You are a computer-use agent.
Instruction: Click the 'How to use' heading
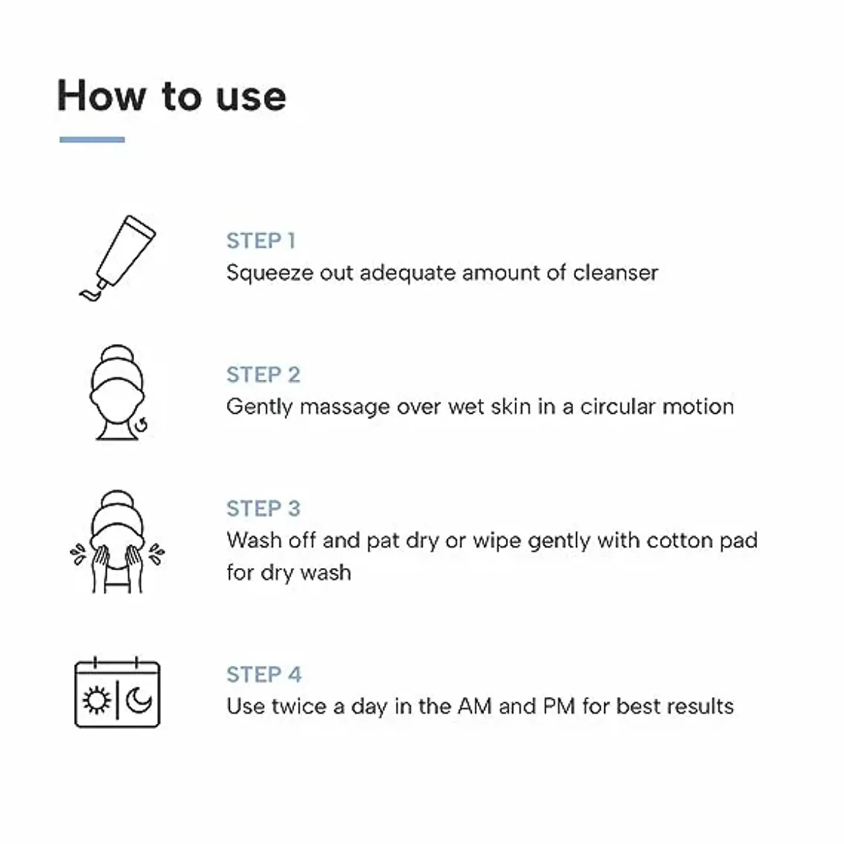click(x=171, y=96)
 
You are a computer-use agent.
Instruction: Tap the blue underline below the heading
click(x=92, y=139)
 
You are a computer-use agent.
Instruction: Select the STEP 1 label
click(x=261, y=241)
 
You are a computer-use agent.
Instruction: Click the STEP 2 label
click(x=263, y=375)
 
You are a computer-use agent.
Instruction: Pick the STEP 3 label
click(x=263, y=508)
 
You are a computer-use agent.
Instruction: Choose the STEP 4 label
click(x=264, y=675)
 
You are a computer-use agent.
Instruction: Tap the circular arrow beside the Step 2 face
click(x=142, y=425)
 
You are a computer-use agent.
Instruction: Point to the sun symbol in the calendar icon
click(x=96, y=700)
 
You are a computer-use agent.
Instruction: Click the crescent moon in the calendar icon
click(x=139, y=700)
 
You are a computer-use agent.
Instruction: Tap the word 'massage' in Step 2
click(x=345, y=407)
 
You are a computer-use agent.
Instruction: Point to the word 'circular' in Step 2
click(x=618, y=407)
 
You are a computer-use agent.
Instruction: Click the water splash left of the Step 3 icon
click(x=78, y=554)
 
